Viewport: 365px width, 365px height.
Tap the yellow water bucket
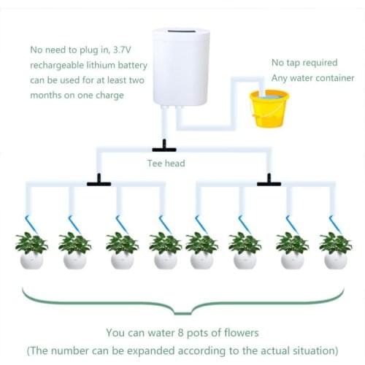269,108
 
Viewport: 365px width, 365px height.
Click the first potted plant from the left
31,249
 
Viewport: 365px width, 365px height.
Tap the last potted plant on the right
335,249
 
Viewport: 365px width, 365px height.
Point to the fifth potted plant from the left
201,249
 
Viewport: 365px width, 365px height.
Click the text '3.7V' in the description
124,50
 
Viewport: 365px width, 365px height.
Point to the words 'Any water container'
312,78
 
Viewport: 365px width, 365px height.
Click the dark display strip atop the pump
182,34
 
